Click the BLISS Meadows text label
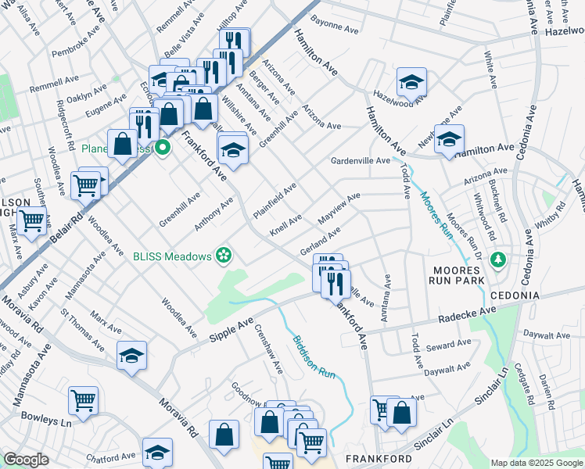click(172, 256)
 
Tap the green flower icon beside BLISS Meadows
click(224, 254)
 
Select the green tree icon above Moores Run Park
click(495, 259)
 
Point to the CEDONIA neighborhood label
click(515, 295)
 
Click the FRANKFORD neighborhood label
click(379, 458)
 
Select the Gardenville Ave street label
click(360, 161)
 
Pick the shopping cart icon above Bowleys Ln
click(83, 400)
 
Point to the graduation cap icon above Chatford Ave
click(157, 452)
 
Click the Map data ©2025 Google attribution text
click(537, 463)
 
